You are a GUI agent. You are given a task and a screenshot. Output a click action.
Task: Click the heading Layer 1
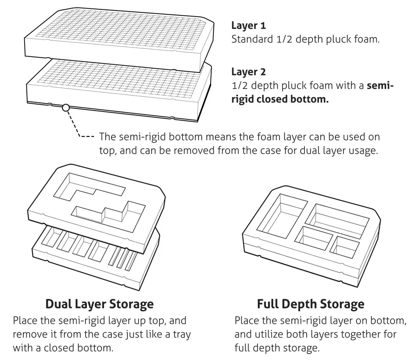249,25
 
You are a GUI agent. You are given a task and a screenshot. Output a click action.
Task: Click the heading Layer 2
249,72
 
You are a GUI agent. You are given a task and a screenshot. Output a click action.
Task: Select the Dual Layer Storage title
99,304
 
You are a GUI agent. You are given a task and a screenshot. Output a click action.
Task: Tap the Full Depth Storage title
310,304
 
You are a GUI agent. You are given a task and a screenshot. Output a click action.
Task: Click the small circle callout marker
65,108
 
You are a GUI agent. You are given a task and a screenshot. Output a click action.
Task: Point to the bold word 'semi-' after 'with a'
380,86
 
